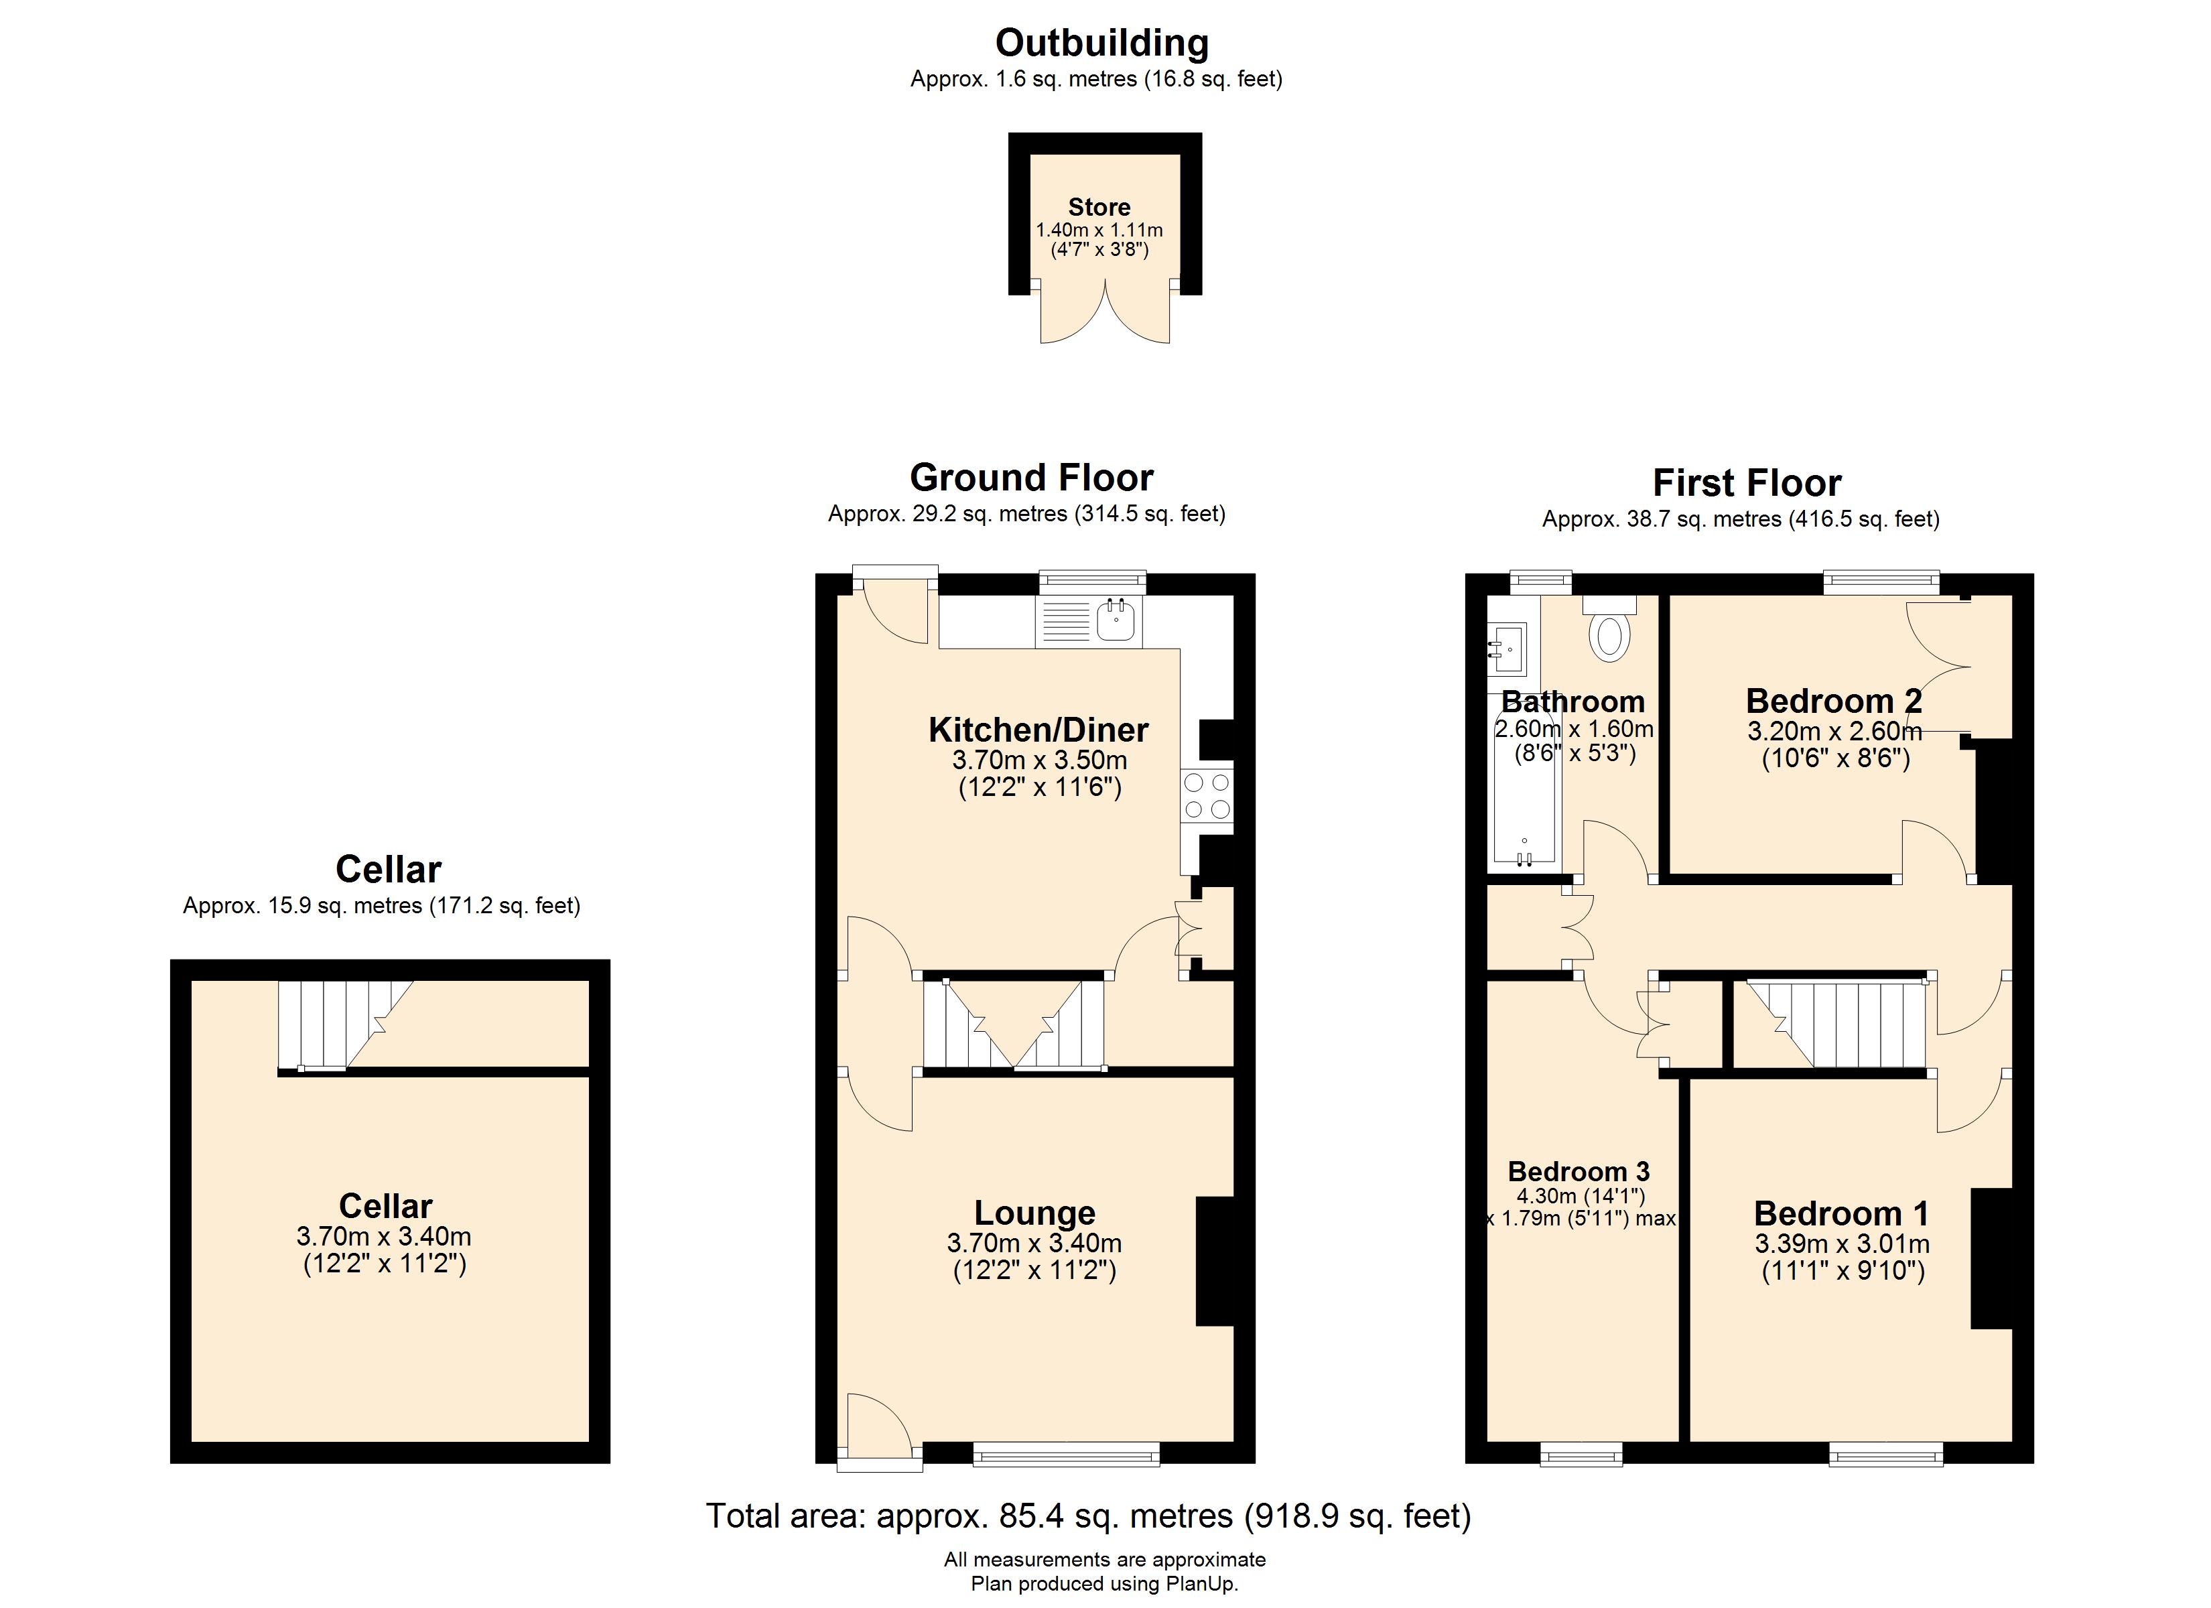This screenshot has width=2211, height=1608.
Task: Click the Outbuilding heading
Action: (x=1101, y=43)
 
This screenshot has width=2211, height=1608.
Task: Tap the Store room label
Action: (x=1099, y=207)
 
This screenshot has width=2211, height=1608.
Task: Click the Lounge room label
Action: (x=1034, y=1212)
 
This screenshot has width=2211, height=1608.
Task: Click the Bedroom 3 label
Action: (x=1579, y=1171)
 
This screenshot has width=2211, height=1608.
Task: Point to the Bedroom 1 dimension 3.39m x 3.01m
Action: (x=1842, y=1244)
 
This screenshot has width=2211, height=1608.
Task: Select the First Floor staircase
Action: (x=1832, y=1024)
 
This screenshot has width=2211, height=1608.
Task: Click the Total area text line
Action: (x=1088, y=1516)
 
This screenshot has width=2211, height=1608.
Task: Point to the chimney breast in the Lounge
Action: (x=1215, y=1261)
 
